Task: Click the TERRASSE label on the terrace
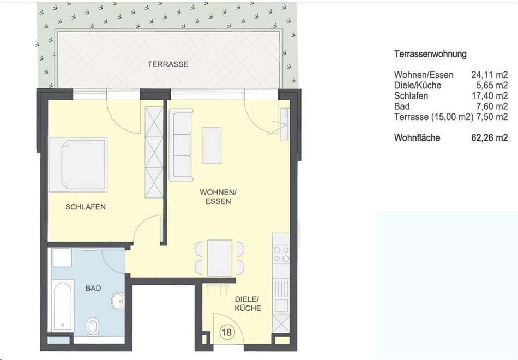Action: tap(168, 64)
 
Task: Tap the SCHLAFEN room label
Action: tap(86, 207)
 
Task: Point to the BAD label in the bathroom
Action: tap(93, 288)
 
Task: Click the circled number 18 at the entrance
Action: tap(227, 332)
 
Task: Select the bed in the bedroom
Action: tap(79, 165)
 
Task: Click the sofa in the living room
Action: tap(180, 145)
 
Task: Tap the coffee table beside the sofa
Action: tap(212, 145)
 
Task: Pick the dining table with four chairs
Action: tap(220, 258)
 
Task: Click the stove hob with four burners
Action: tap(281, 254)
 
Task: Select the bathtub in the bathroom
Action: tap(63, 306)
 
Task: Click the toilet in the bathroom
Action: tap(92, 326)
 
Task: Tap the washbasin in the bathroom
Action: tap(118, 301)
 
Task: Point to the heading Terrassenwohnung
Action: tap(430, 54)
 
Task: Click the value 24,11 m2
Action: tap(489, 75)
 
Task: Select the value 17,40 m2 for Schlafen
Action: tap(489, 96)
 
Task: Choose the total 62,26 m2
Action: tap(489, 137)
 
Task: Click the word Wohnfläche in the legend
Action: tap(417, 137)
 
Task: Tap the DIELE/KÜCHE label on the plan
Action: tap(248, 304)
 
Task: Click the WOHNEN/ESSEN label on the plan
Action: tap(218, 197)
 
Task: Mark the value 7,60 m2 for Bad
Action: tap(492, 106)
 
